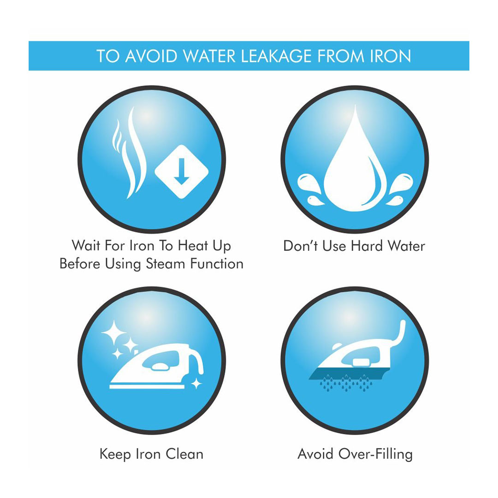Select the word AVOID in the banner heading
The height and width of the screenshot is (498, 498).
(151, 56)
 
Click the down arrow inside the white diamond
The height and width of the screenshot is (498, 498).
(181, 171)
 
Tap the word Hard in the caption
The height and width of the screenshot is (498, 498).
(367, 246)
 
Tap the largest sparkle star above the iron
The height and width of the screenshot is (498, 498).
(113, 332)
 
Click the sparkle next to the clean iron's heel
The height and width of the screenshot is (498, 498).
(196, 384)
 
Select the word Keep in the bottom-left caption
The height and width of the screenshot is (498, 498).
(115, 455)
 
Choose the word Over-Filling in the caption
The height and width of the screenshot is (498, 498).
(375, 454)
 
